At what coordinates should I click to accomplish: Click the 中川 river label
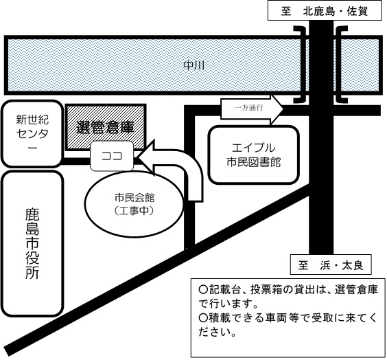(194, 65)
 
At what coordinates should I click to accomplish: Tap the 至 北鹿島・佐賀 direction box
(325, 11)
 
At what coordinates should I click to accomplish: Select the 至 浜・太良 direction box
(331, 265)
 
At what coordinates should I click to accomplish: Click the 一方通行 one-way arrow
(252, 109)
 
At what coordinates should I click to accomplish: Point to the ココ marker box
(112, 156)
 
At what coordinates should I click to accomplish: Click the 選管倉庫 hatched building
(106, 127)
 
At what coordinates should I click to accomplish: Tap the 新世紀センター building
(32, 134)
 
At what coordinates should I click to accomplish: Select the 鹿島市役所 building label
(32, 244)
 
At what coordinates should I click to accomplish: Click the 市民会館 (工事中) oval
(134, 203)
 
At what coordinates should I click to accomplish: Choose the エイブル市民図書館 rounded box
(253, 155)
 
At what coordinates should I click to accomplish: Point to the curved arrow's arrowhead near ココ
(145, 157)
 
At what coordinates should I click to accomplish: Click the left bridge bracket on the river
(301, 65)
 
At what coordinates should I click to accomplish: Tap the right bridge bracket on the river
(342, 65)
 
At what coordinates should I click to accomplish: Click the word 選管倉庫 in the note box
(356, 290)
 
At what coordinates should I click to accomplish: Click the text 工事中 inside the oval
(134, 210)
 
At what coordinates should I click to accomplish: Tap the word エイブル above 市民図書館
(253, 148)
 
